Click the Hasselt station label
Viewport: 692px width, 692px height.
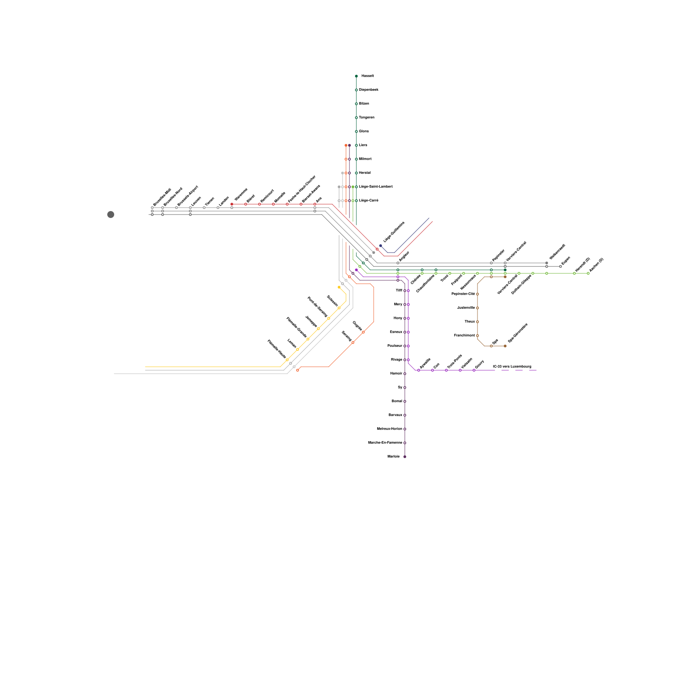tap(368, 76)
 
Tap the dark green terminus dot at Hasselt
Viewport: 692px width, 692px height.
tap(356, 76)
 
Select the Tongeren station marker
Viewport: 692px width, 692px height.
tap(356, 118)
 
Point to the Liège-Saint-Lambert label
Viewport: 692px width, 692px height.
tap(376, 187)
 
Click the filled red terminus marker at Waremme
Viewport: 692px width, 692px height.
tap(232, 204)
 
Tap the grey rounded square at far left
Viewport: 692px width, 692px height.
tap(111, 215)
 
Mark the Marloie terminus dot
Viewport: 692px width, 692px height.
tap(405, 457)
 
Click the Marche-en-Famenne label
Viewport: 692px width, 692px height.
tap(385, 443)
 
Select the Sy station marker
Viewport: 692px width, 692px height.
tap(405, 388)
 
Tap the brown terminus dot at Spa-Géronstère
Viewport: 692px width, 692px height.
tap(505, 346)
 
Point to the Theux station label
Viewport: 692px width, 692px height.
tap(470, 322)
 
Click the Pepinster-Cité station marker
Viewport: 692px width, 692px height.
tap(477, 294)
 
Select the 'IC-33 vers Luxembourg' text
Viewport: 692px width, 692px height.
tap(512, 367)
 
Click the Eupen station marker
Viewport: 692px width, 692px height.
tap(561, 266)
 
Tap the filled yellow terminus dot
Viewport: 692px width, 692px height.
tap(339, 287)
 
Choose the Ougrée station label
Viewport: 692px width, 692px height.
tap(357, 326)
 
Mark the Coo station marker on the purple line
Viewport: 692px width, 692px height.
tap(432, 370)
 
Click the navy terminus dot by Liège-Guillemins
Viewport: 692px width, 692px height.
tap(381, 246)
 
